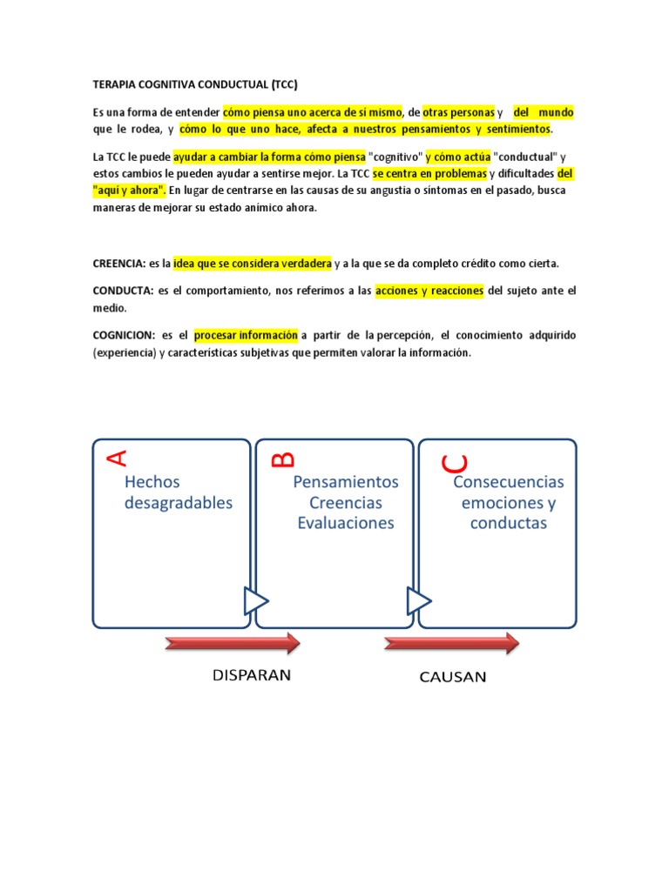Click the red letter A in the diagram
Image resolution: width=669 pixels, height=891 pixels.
[117, 456]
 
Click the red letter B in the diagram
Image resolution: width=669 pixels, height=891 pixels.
[284, 458]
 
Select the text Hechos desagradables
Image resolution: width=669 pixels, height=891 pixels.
[179, 492]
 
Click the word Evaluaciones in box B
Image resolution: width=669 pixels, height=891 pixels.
[346, 523]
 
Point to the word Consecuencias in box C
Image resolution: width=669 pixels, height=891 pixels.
[509, 482]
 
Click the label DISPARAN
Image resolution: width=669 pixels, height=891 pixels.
[252, 674]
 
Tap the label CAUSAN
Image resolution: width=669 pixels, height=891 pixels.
[452, 676]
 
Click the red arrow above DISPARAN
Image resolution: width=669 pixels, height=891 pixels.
[233, 644]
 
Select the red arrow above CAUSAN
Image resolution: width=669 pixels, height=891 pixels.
[452, 644]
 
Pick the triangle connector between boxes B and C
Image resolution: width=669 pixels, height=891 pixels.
[419, 600]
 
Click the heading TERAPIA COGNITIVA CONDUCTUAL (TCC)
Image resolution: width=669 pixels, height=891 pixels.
[195, 84]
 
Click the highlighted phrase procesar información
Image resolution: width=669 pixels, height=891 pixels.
[246, 335]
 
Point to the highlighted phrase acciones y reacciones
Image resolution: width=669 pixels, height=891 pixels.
[429, 291]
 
